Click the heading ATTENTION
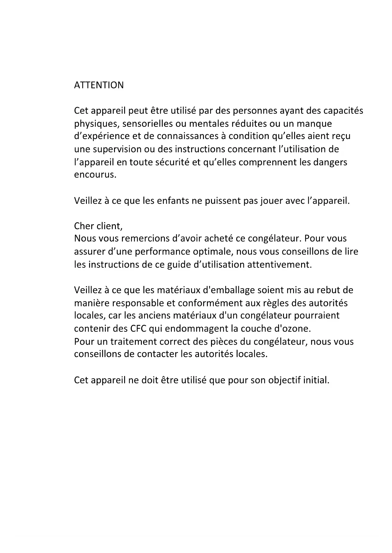click(x=99, y=85)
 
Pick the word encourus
click(x=95, y=175)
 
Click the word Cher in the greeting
click(x=84, y=226)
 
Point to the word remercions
click(x=143, y=239)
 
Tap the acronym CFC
click(x=138, y=329)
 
